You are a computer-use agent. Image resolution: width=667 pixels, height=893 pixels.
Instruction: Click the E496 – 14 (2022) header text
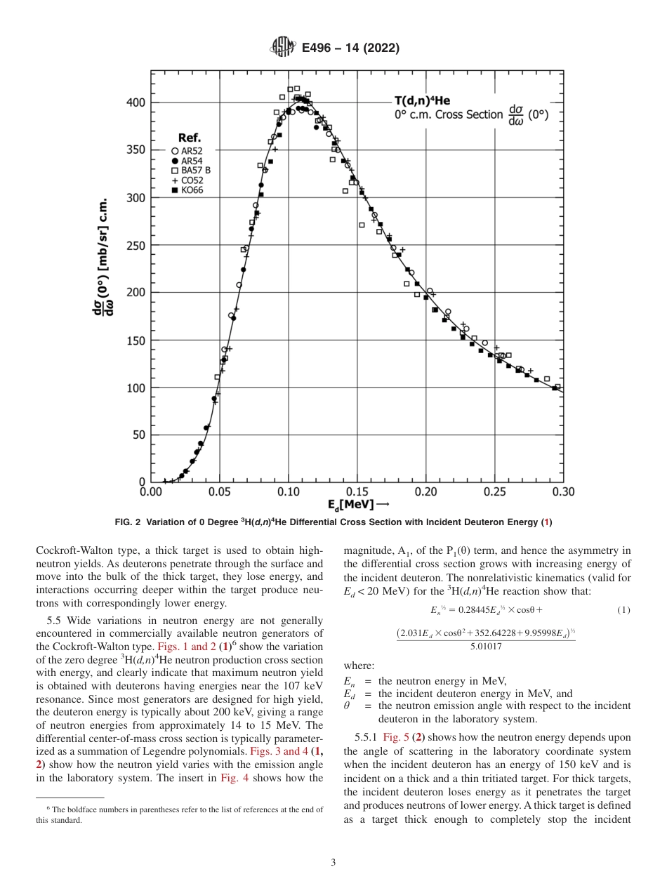coord(350,48)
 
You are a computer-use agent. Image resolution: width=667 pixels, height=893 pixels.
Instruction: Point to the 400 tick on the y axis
coord(136,102)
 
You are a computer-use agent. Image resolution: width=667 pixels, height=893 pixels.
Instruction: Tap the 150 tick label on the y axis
coord(136,340)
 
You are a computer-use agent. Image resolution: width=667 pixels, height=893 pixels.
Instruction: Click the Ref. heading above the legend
coord(190,138)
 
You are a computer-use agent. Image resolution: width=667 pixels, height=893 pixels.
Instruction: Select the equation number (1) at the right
coord(623,610)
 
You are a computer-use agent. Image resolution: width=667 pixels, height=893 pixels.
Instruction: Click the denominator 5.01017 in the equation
coord(486,645)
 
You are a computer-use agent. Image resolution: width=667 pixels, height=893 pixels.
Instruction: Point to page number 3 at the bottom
coord(333,861)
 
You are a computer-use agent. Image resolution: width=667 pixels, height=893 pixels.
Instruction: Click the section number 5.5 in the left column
coord(55,620)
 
